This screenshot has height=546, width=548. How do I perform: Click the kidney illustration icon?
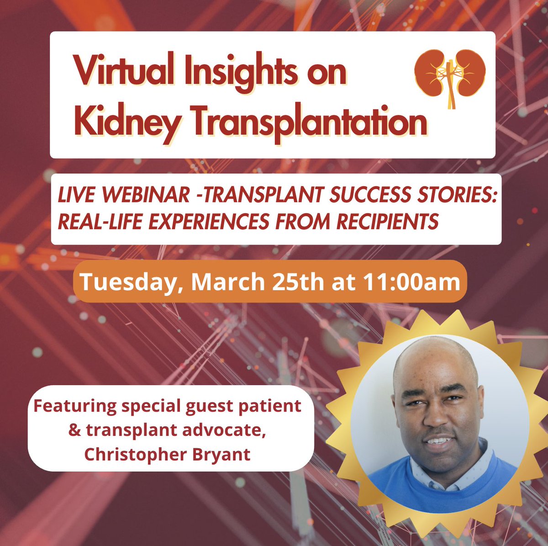(450, 76)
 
